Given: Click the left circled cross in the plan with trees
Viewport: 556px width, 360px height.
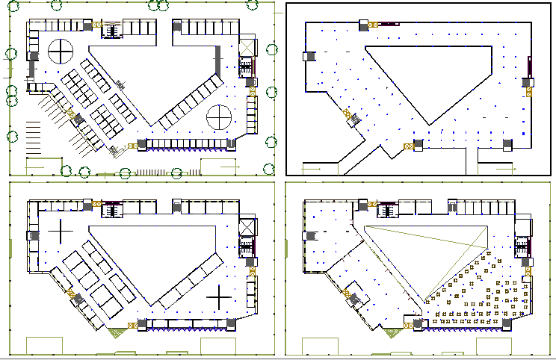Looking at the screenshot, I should point(61,52).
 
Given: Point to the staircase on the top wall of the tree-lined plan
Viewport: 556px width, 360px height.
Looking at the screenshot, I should point(111,31).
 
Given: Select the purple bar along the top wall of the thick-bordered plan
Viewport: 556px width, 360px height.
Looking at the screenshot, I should point(387,25).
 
